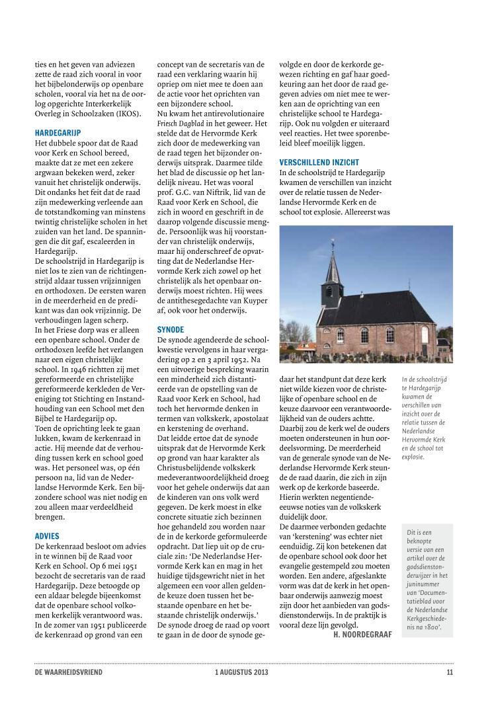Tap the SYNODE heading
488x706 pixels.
click(x=170, y=329)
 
